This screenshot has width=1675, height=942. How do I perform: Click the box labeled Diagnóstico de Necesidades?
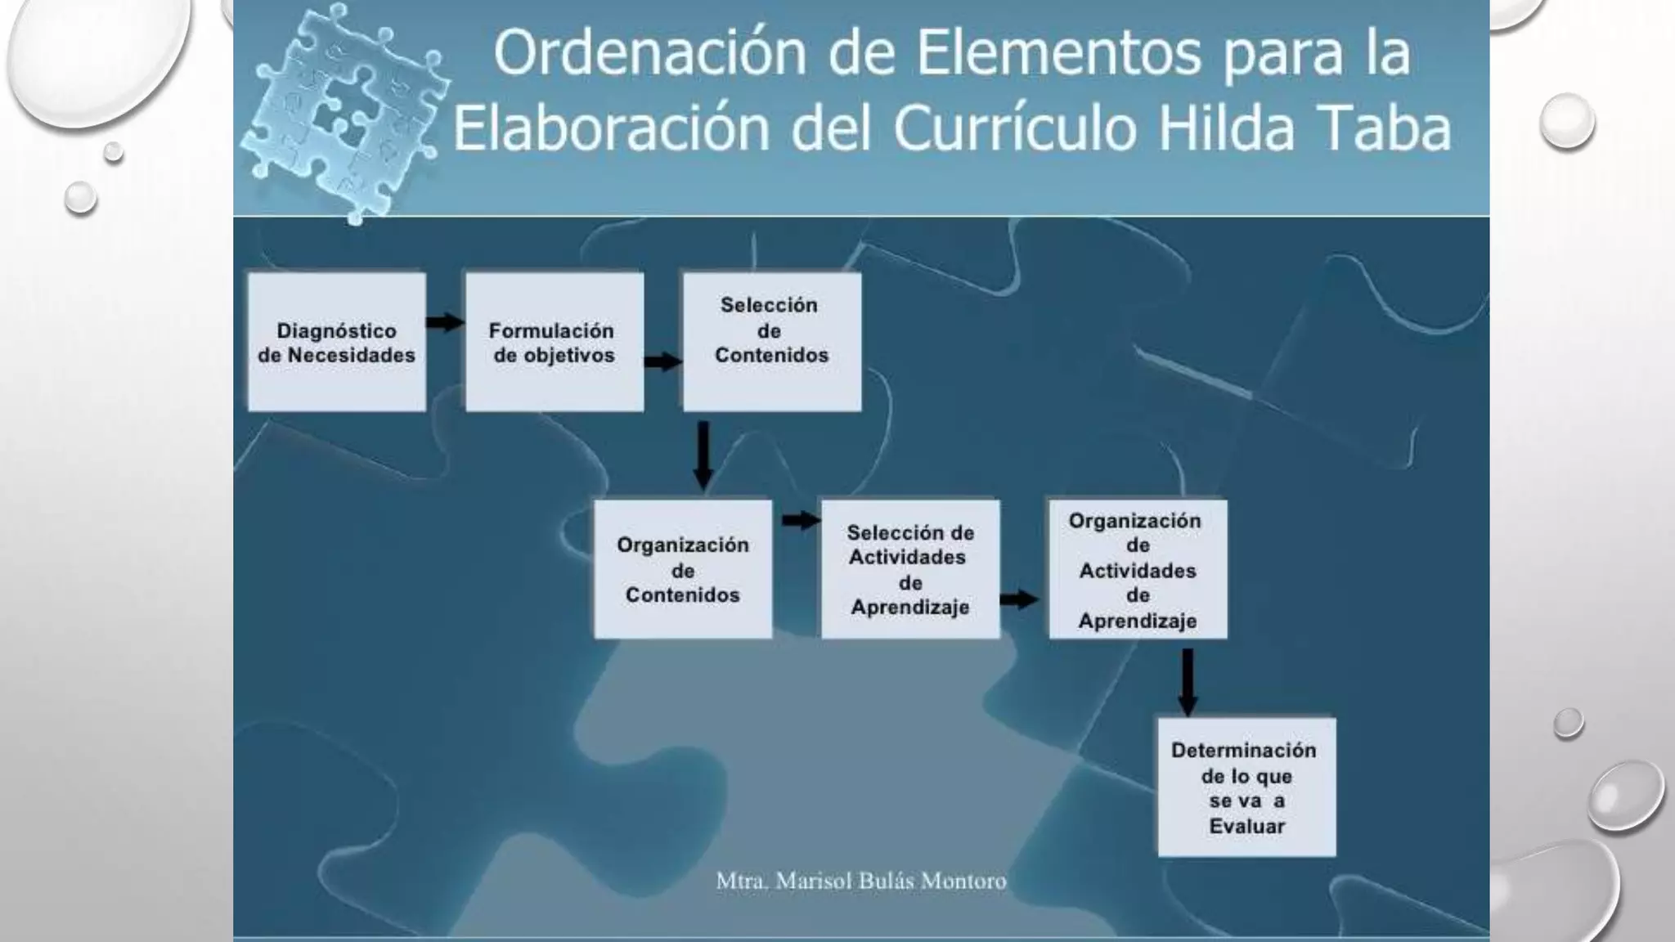pos(337,342)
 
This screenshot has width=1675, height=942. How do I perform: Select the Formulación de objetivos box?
pos(555,342)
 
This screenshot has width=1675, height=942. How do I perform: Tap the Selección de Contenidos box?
pos(772,342)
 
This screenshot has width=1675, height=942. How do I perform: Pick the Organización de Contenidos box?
pos(683,569)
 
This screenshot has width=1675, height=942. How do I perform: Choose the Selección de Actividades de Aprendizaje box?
pos(910,569)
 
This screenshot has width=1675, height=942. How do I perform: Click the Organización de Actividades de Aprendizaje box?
pos(1138,569)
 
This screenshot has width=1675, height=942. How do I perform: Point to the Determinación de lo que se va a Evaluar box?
pos(1246,787)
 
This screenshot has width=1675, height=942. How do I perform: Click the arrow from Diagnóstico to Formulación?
pos(445,322)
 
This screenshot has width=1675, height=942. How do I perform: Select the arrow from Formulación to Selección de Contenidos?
pos(662,361)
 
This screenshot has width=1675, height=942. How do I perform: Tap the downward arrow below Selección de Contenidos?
pos(703,455)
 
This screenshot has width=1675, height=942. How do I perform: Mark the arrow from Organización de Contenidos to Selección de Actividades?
pos(801,520)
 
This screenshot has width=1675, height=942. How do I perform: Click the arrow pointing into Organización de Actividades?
pos(1019,599)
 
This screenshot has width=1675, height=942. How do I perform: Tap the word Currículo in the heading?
pos(1015,129)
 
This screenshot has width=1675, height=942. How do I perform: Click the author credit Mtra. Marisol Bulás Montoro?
pos(861,881)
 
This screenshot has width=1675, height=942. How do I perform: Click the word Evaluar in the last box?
pos(1246,826)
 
